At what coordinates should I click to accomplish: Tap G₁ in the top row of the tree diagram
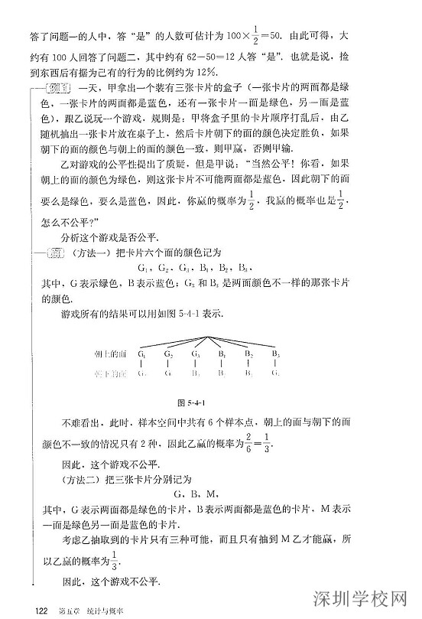[143, 354]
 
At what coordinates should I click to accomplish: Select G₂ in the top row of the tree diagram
[168, 354]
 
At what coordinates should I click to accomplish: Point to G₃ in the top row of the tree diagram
[195, 354]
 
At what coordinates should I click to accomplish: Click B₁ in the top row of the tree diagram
[221, 354]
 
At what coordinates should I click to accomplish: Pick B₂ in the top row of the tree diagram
[248, 354]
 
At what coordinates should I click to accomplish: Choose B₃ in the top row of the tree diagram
[274, 354]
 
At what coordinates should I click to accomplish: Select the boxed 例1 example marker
[62, 86]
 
